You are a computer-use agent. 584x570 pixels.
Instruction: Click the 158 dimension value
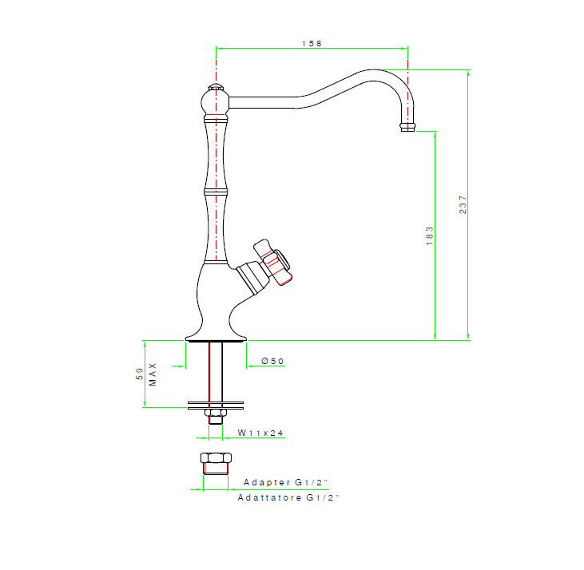tap(312, 44)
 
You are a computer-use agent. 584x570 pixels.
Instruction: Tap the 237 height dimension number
tap(463, 204)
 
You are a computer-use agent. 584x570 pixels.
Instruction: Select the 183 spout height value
tap(430, 236)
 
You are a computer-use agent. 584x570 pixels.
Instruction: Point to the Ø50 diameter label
tap(272, 361)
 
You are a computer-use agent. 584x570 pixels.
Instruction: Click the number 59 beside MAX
tap(139, 374)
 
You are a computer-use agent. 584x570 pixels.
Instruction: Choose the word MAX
tap(153, 374)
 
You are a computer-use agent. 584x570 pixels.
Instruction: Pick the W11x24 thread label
tap(260, 433)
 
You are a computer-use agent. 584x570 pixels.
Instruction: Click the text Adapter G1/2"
tap(286, 482)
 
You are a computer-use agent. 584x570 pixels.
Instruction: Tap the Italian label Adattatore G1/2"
tap(288, 497)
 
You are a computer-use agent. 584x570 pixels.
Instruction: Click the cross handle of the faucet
tap(272, 262)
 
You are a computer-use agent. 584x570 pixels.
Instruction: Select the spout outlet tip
tap(407, 127)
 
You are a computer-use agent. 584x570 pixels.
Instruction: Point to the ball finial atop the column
tap(215, 101)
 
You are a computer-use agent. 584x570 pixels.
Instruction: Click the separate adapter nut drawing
tap(216, 463)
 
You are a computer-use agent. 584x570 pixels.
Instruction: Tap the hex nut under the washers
tap(216, 413)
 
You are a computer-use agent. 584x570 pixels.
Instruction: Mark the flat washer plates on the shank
tap(216, 406)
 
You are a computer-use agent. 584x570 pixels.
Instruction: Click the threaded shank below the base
tap(216, 372)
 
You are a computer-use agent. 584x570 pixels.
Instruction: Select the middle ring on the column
tap(216, 192)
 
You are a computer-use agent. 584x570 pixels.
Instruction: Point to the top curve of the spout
tap(372, 71)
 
